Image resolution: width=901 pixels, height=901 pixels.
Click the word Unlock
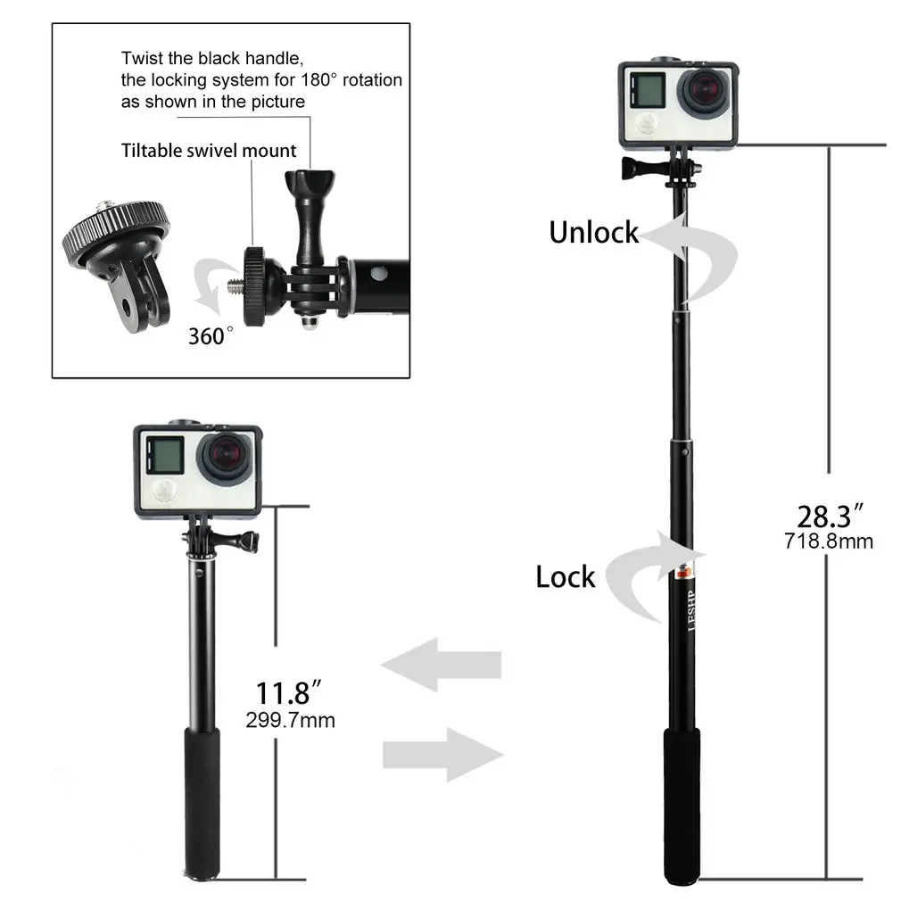pyautogui.click(x=593, y=233)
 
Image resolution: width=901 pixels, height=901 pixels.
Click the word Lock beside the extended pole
pyautogui.click(x=565, y=577)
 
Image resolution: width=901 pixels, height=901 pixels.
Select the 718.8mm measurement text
pyautogui.click(x=829, y=541)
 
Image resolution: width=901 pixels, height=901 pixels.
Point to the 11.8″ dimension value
pyautogui.click(x=288, y=693)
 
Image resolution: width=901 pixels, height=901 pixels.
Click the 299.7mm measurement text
pyautogui.click(x=290, y=719)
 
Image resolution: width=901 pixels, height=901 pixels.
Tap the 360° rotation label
pyautogui.click(x=211, y=335)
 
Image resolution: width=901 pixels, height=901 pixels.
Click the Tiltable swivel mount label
pyautogui.click(x=209, y=150)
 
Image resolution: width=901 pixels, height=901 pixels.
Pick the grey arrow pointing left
pyautogui.click(x=441, y=665)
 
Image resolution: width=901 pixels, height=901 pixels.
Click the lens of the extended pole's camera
pyautogui.click(x=704, y=95)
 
